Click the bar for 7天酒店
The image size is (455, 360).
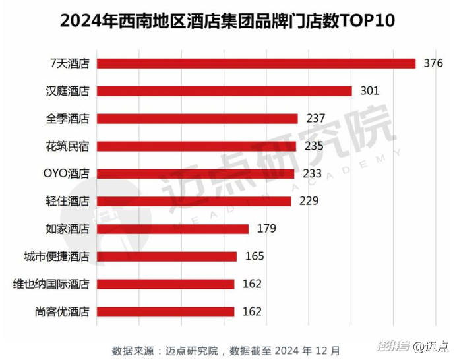click(256, 63)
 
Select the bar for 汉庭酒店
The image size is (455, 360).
click(224, 91)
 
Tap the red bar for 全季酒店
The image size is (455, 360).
click(197, 119)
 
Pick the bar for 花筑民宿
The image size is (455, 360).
click(197, 146)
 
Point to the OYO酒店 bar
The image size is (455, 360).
click(195, 173)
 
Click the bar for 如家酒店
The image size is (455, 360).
click(173, 229)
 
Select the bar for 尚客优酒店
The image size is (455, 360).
click(166, 311)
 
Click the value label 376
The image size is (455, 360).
click(433, 63)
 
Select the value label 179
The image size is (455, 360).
click(266, 229)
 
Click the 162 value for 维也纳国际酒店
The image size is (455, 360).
click(252, 284)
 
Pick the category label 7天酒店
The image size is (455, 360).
click(70, 63)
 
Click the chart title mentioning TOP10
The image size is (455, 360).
click(228, 20)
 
